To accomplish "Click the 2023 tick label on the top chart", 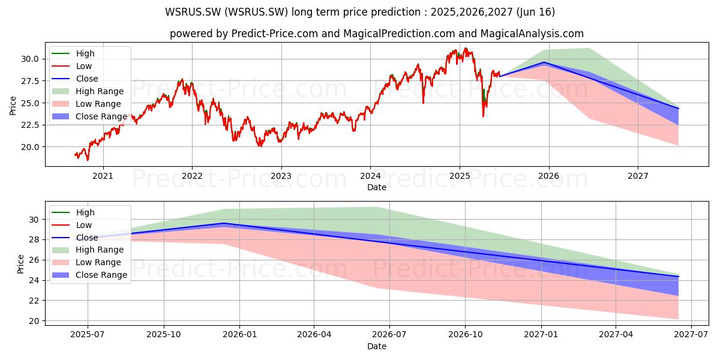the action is click(x=281, y=176).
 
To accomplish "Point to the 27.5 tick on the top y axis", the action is click(x=30, y=81).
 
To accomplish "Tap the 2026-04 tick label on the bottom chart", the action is click(x=314, y=335).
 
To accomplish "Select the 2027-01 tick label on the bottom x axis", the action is click(x=541, y=335).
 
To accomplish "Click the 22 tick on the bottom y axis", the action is click(x=34, y=301).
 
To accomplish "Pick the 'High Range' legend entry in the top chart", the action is click(x=88, y=91).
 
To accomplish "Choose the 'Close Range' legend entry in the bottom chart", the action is click(x=89, y=275).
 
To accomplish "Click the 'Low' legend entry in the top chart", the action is click(x=72, y=66).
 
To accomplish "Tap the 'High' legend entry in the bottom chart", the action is click(x=73, y=212).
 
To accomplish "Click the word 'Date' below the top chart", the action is click(x=377, y=187).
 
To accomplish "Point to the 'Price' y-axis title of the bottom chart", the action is click(x=20, y=264).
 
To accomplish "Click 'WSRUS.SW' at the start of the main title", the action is click(x=193, y=12).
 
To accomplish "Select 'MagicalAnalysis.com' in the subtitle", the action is click(x=532, y=34).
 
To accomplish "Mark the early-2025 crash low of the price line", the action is click(x=483, y=116).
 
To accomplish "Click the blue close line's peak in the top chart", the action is click(x=544, y=62).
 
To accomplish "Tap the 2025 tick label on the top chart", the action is click(x=460, y=176).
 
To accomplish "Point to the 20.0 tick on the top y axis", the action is click(x=30, y=147).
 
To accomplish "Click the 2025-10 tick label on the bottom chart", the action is click(x=164, y=335).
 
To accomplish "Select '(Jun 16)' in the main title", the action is click(x=535, y=12).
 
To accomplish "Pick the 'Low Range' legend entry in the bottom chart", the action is click(x=86, y=262).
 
